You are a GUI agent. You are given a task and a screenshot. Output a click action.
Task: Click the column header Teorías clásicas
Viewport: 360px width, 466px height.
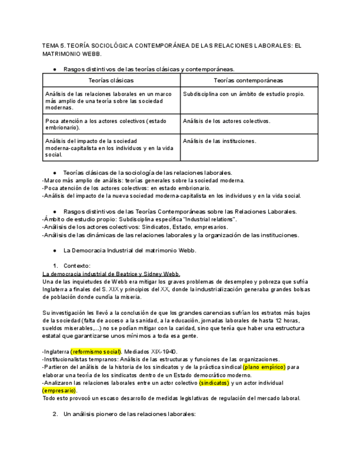111,80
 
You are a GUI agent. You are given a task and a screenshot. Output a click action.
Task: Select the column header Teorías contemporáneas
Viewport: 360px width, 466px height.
249,80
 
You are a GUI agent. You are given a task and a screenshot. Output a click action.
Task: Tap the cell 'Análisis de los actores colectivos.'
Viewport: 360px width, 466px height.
226,121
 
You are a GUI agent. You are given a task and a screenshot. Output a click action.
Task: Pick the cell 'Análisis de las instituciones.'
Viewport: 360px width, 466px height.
220,141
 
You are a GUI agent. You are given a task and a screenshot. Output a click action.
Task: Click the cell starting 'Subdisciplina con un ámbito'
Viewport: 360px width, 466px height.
243,94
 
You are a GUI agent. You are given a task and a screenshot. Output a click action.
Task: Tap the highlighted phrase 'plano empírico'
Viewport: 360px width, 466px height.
264,367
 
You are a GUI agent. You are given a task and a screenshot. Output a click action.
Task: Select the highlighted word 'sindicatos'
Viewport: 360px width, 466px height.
214,382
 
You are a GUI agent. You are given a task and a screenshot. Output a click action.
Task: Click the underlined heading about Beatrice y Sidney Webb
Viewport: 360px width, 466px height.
111,274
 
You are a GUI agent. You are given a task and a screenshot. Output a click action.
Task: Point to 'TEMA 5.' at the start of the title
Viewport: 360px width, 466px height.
53,46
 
